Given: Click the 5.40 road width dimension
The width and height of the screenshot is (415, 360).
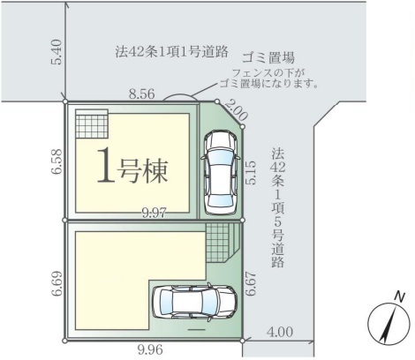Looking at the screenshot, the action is [x=56, y=52].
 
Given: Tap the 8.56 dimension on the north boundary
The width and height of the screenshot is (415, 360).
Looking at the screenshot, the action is [x=141, y=94].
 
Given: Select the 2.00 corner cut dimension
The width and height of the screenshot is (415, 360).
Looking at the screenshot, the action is [x=237, y=111].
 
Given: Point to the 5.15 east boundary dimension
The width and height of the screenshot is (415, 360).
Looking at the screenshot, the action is [x=251, y=173].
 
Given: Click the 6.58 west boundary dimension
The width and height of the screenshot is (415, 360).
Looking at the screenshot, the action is [x=57, y=161].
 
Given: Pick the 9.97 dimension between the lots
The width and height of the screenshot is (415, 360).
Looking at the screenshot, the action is [x=155, y=213].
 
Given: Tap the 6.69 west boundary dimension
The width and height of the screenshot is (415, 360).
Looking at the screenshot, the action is [x=57, y=283].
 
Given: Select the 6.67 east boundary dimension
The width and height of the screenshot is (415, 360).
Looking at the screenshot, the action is [x=251, y=284].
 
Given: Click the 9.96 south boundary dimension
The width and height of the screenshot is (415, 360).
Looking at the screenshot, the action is [x=150, y=350].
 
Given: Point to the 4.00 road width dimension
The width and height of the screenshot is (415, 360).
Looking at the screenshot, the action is [x=280, y=332].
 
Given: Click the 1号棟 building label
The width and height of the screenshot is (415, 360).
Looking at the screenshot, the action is [x=132, y=166].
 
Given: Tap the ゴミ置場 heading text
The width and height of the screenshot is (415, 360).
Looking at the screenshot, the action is [x=268, y=57].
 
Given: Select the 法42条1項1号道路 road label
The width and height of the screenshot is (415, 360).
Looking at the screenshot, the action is [x=172, y=52].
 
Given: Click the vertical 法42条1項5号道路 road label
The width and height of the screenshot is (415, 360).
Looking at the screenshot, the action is [x=278, y=207].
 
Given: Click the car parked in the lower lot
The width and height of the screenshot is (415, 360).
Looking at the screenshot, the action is [x=194, y=302].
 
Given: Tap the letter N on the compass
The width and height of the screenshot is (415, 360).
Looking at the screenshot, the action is [x=399, y=297].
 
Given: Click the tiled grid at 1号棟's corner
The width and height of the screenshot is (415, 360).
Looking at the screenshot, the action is [x=92, y=124].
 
